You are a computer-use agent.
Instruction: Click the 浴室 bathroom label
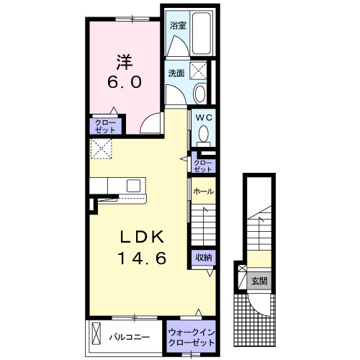tap(178, 25)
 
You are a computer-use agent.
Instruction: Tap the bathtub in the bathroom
tap(202, 33)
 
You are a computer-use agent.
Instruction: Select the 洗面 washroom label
tap(176, 73)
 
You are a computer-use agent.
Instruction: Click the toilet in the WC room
tap(204, 136)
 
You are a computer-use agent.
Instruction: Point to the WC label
tap(204, 117)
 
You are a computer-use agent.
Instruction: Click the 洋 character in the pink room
tap(125, 62)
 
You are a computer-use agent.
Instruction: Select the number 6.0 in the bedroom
tap(124, 82)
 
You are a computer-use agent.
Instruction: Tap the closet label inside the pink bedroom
tap(105, 127)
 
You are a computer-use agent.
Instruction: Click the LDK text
tap(142, 237)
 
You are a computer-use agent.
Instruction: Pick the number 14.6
tap(142, 258)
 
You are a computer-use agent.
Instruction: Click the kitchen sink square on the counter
tap(133, 186)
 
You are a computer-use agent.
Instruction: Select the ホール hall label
tap(203, 192)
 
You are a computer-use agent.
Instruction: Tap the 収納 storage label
tap(203, 258)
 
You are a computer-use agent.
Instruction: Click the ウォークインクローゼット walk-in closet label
tap(191, 338)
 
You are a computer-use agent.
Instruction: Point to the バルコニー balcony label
tap(130, 338)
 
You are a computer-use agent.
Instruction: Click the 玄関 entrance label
tap(259, 281)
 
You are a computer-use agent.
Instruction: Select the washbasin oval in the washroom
tap(199, 94)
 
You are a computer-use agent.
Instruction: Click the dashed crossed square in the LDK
tap(101, 149)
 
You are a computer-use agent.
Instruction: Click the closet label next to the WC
tap(203, 166)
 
